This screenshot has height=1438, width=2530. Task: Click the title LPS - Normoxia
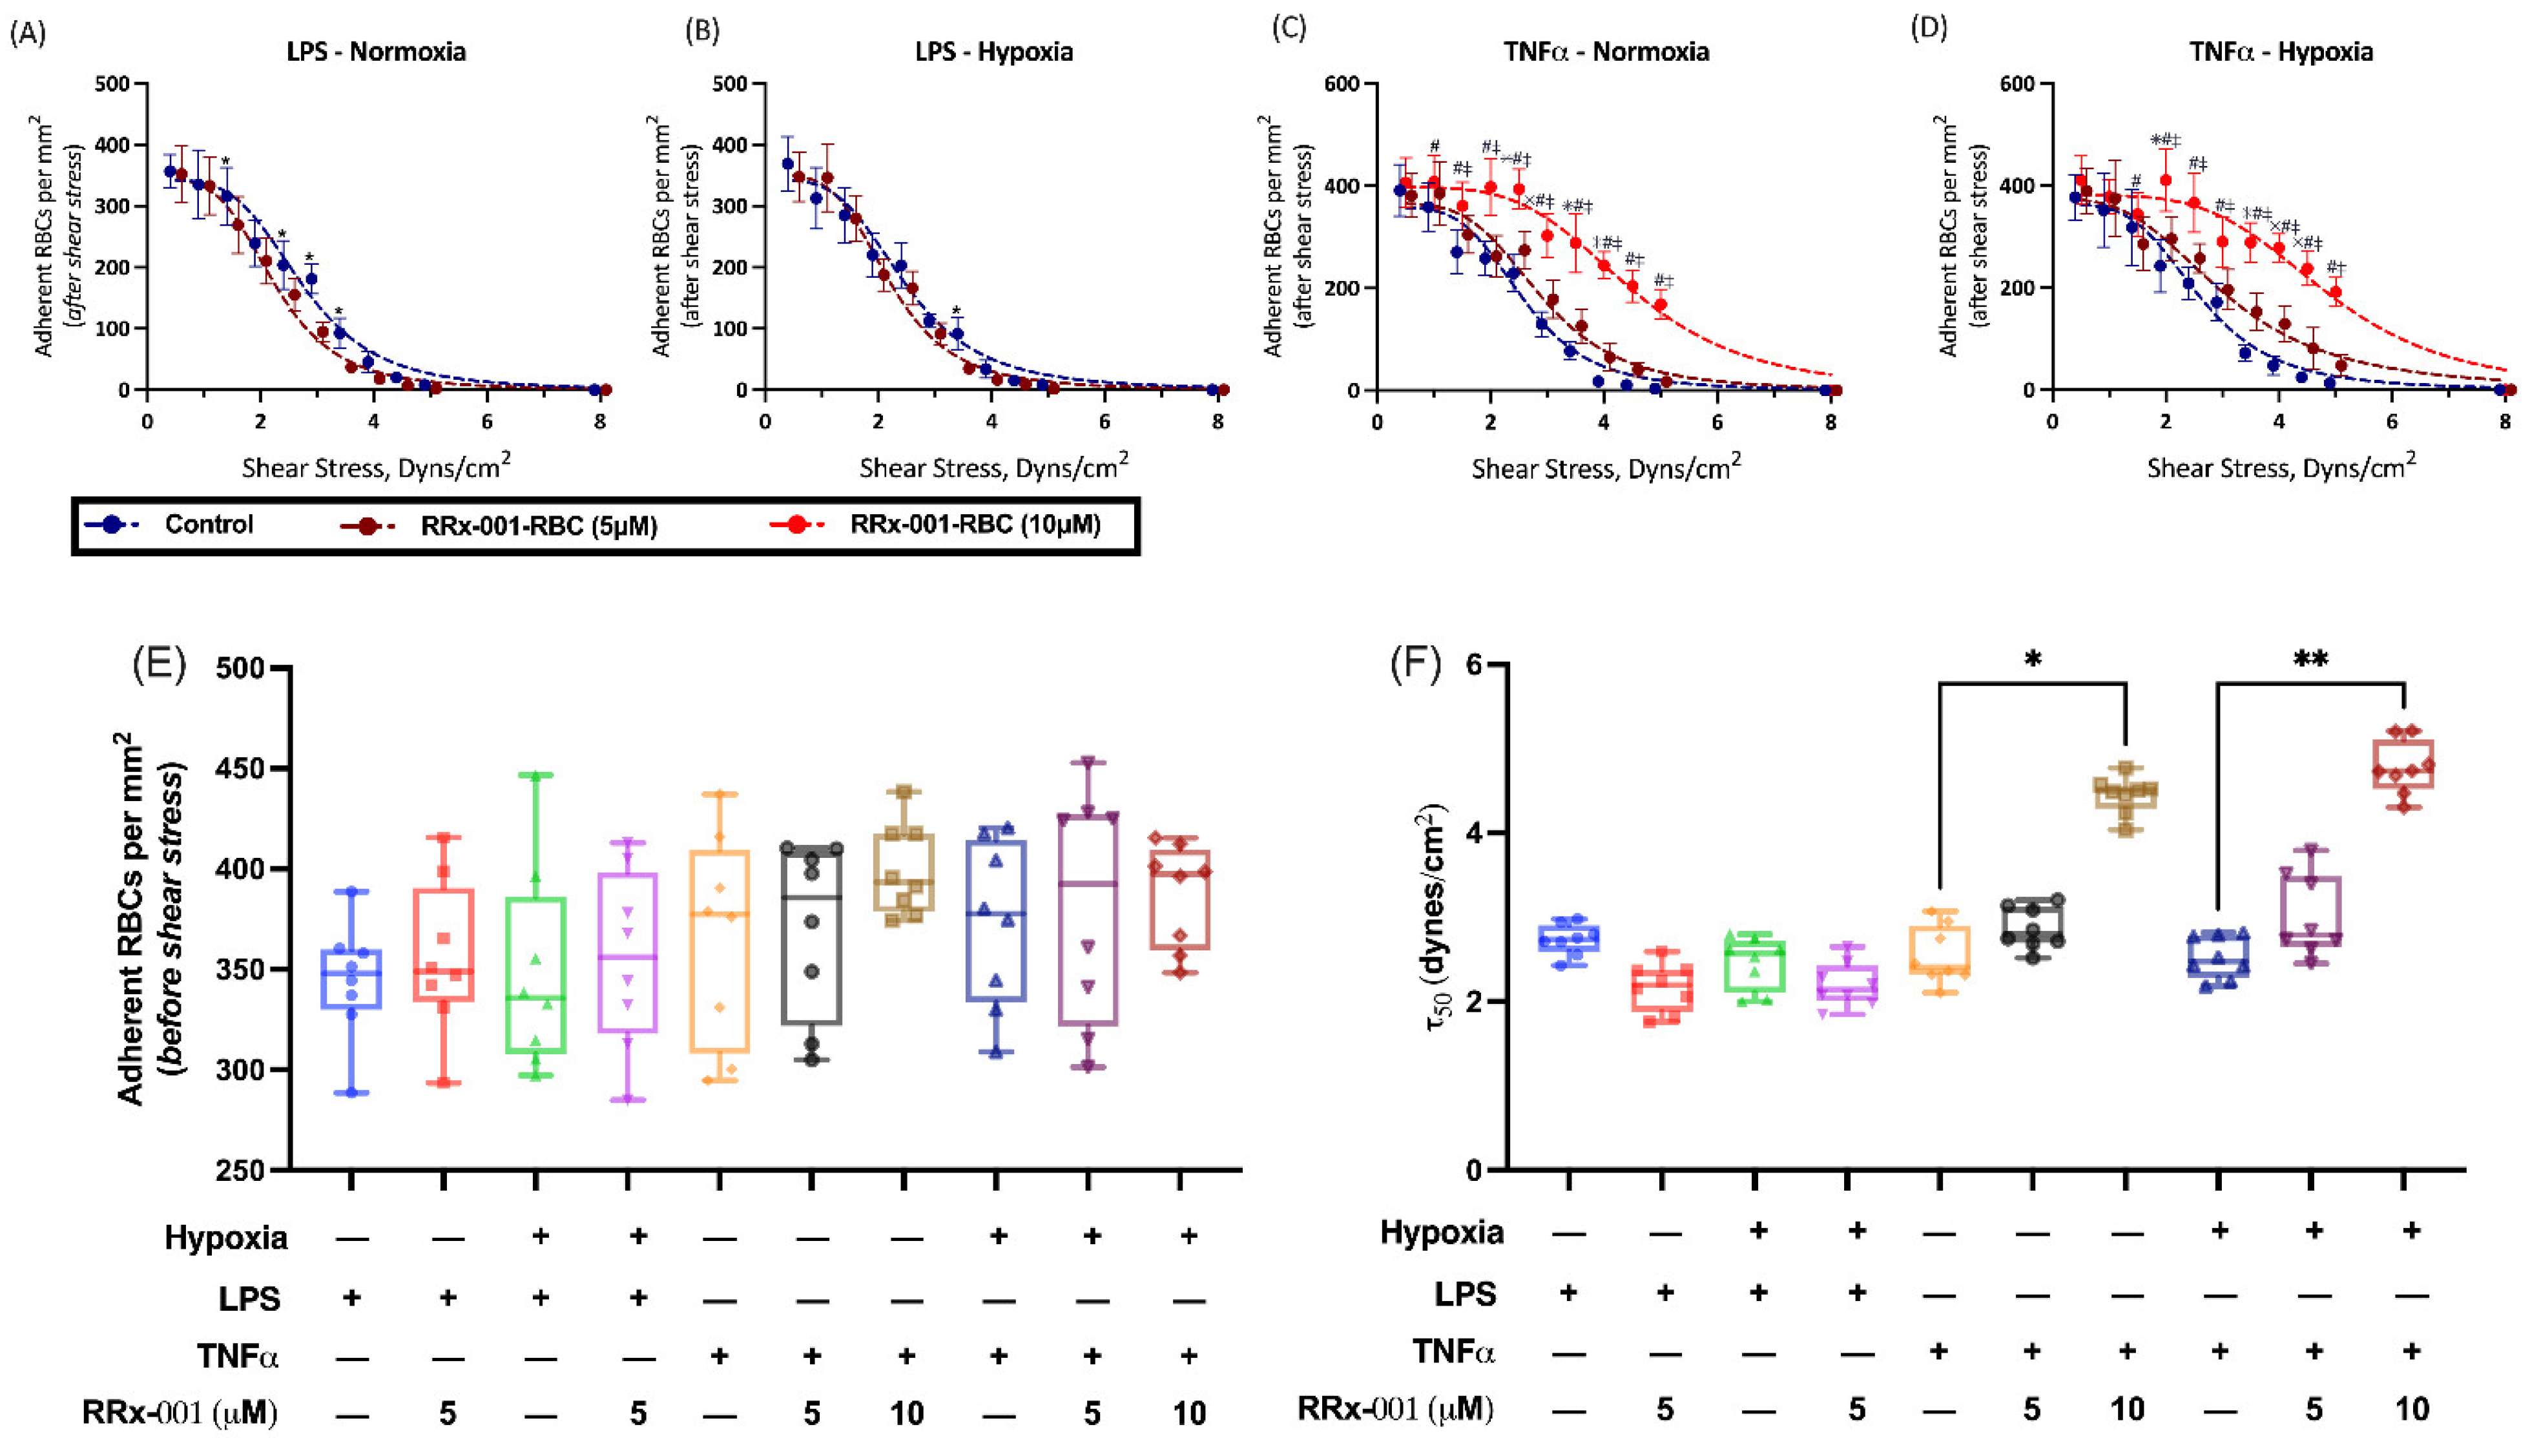point(377,52)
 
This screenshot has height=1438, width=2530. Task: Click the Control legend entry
point(209,525)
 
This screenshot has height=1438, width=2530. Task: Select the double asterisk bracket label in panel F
point(2310,660)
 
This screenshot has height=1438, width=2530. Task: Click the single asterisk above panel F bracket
point(2032,660)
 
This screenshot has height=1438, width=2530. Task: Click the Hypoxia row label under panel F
point(1441,1233)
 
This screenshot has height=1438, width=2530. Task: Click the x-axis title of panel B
point(993,467)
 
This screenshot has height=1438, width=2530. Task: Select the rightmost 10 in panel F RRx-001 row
point(2411,1408)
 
